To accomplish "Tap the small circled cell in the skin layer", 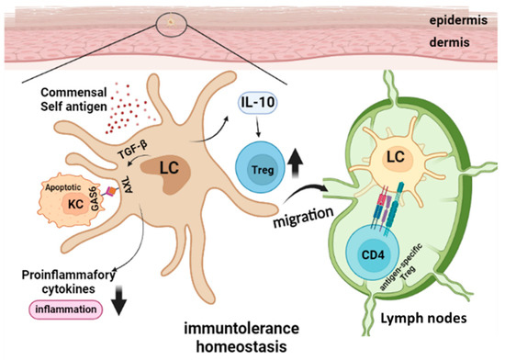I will [170, 18].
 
